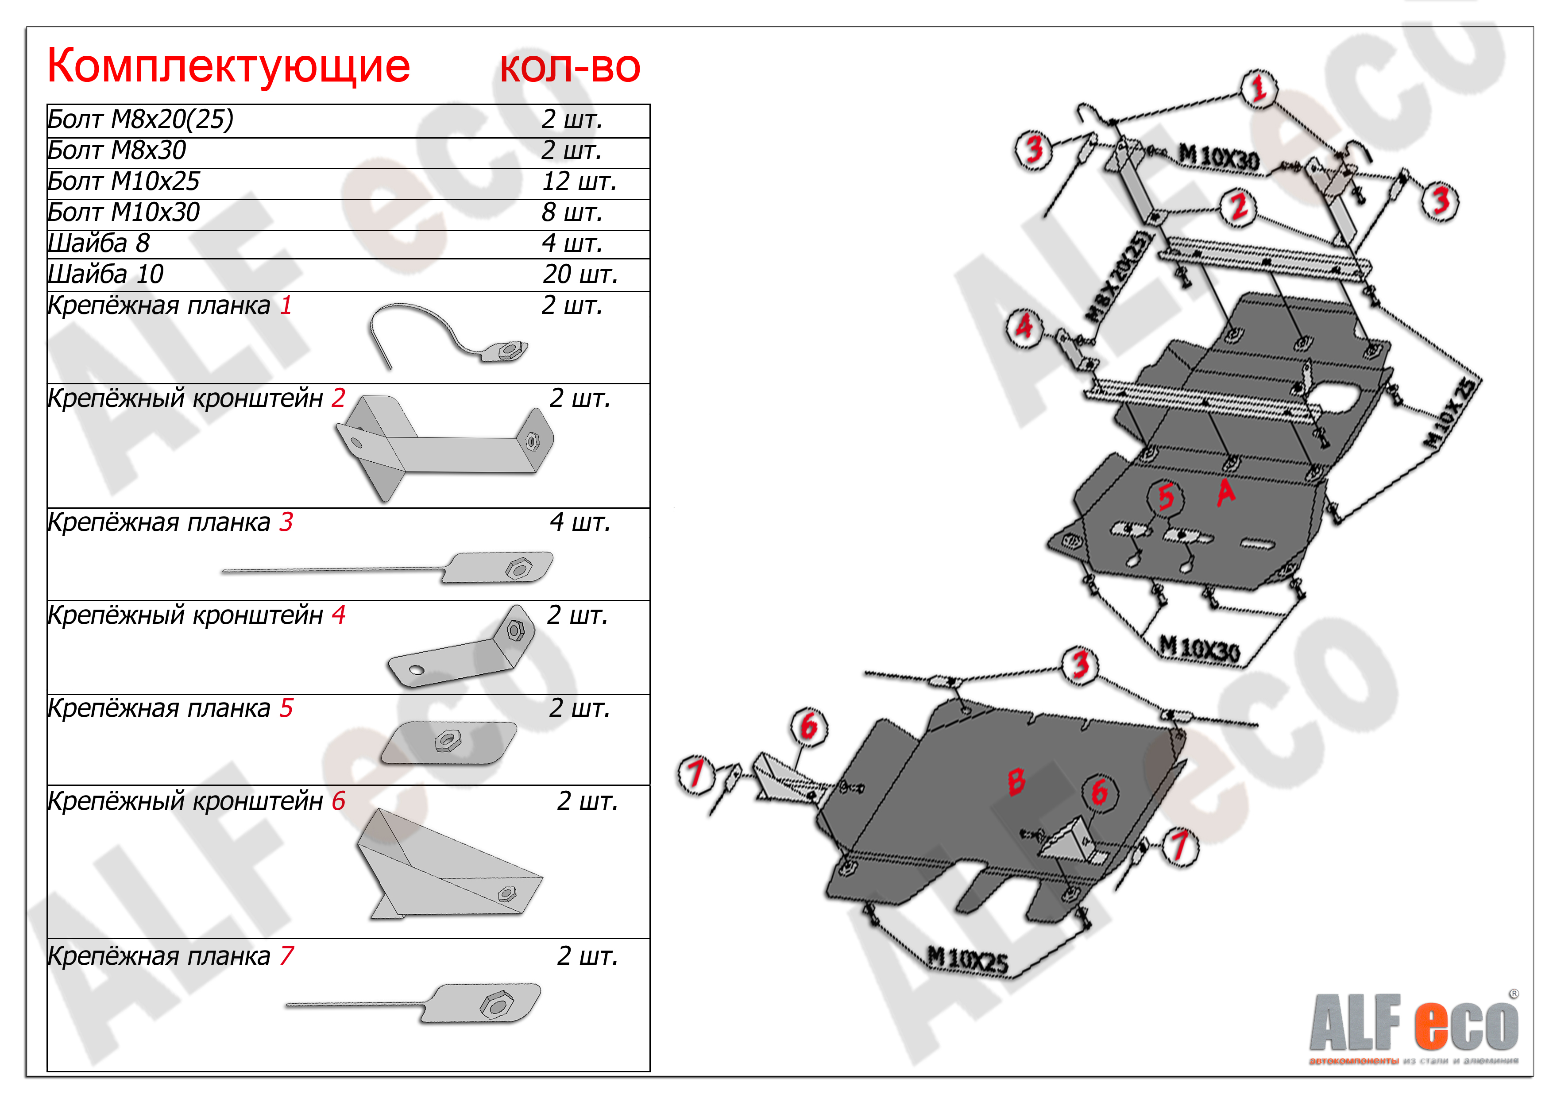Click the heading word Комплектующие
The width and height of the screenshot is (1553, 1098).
tap(228, 66)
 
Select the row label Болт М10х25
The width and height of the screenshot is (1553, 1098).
tap(124, 182)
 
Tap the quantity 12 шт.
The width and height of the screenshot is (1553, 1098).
tap(578, 182)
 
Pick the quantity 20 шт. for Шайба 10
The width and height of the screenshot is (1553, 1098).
tap(579, 274)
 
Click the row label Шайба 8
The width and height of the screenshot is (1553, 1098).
tap(99, 243)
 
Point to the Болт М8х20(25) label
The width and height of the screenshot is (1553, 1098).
tap(140, 119)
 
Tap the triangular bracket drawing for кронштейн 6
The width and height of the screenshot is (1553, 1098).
tap(446, 866)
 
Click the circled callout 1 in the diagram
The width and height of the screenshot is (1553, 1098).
tap(1258, 89)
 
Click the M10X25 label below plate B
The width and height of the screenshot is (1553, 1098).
tap(967, 961)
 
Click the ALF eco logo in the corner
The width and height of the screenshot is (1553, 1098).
tap(1414, 1025)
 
